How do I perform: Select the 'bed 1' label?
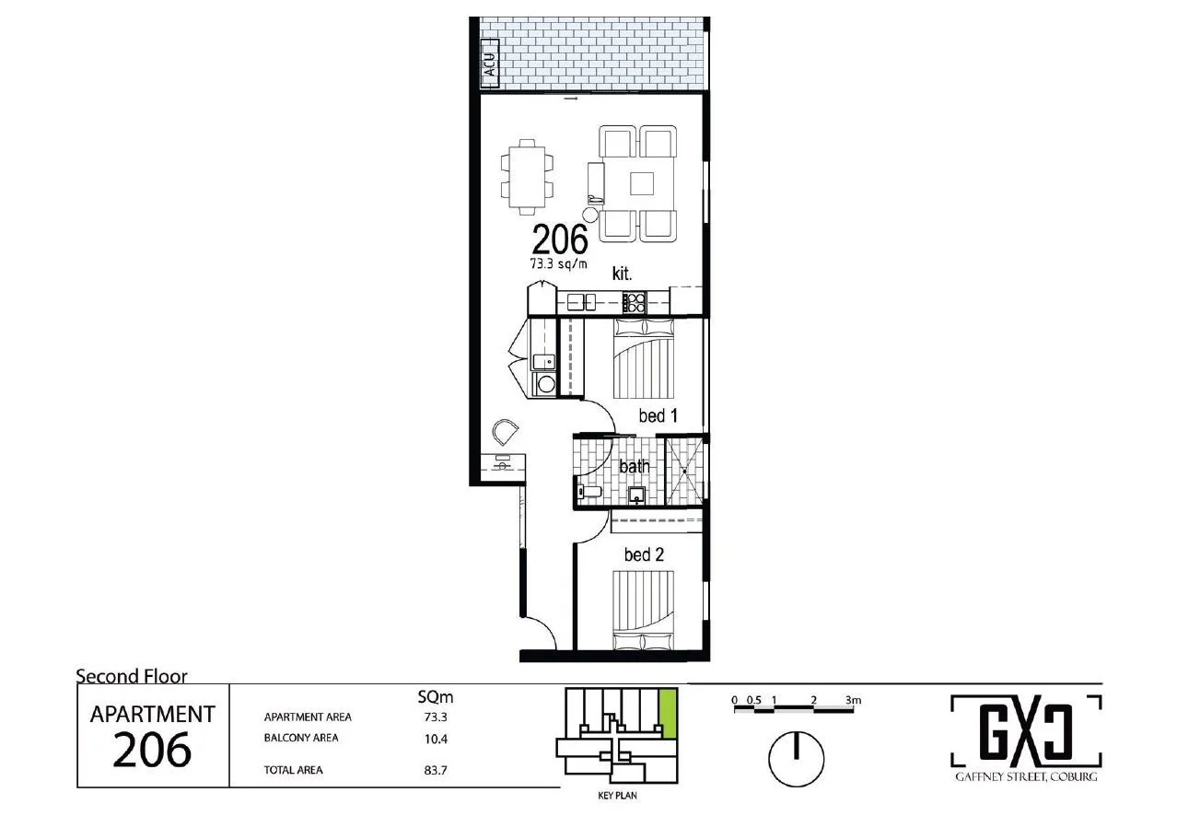pos(658,417)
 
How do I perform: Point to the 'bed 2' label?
pos(644,555)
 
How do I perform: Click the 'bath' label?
pos(635,467)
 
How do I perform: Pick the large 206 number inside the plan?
pos(559,240)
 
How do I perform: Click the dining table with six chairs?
pos(528,176)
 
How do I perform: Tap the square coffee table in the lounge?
pos(641,184)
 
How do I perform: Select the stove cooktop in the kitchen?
pos(634,301)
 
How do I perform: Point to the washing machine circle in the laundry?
pos(545,384)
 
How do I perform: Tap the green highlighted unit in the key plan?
pos(670,713)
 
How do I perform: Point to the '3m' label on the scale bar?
pos(852,700)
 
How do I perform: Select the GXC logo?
pos(1026,730)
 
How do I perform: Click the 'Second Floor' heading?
pos(132,677)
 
